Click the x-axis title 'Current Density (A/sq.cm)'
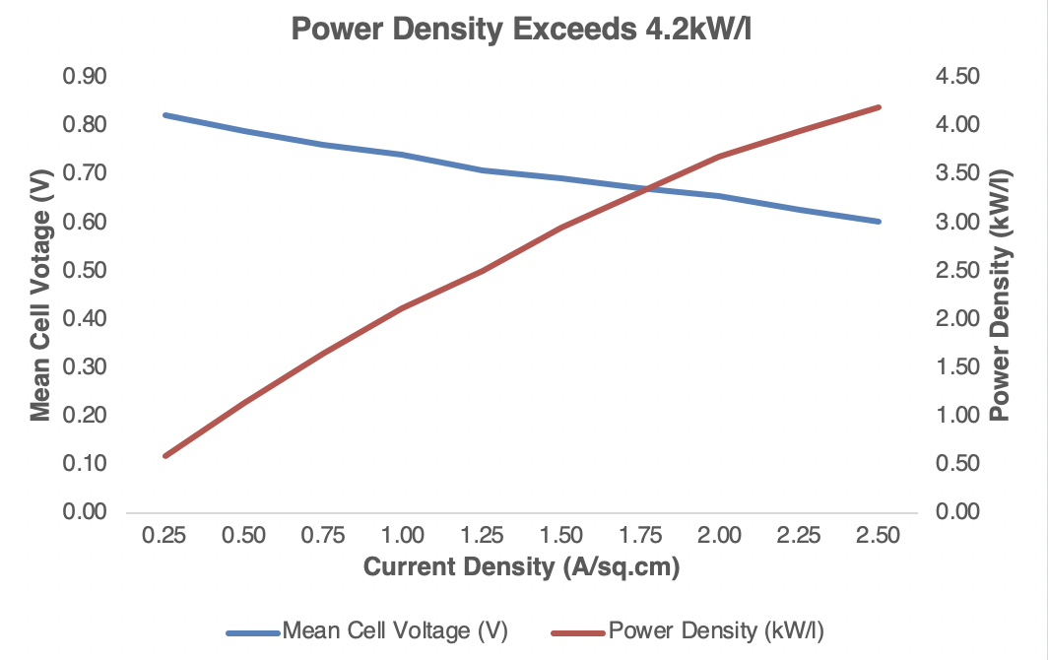point(522,567)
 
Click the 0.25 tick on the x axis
point(164,535)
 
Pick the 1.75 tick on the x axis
point(640,535)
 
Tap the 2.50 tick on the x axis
point(878,535)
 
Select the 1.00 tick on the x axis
point(402,535)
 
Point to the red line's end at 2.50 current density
point(879,107)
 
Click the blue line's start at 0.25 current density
point(165,115)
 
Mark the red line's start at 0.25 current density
point(165,456)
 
